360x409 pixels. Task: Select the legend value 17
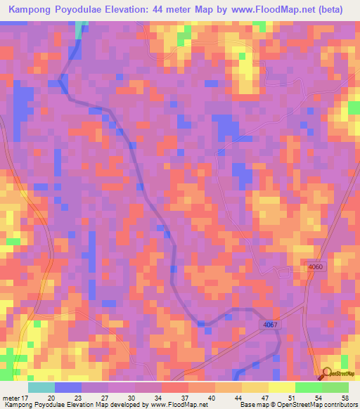(27, 397)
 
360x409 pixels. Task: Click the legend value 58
(343, 397)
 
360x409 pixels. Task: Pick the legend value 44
(229, 397)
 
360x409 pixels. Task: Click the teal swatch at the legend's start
(41, 387)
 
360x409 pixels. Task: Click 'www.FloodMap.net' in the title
(284, 9)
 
